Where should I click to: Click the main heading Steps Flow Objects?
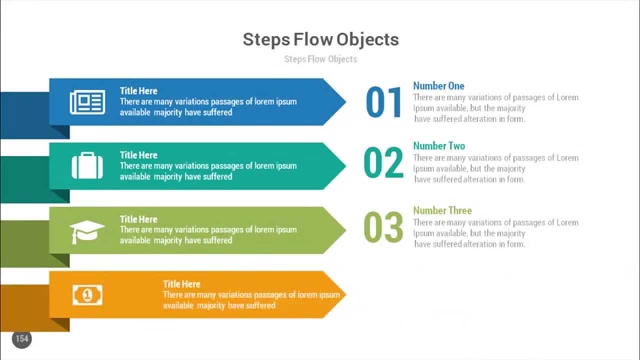(320, 39)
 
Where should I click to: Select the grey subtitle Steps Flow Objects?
(320, 59)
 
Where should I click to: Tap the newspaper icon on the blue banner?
(87, 102)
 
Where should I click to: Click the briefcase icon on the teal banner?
(87, 166)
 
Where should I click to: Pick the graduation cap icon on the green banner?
(87, 231)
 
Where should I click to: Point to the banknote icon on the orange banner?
(87, 295)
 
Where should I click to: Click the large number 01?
(384, 103)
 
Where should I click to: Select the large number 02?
(383, 163)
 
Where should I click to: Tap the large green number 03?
(383, 227)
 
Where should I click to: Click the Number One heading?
(438, 86)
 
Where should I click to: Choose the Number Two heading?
(439, 146)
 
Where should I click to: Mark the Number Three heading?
(442, 210)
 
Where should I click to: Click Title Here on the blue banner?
(138, 91)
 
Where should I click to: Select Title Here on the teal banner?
(138, 155)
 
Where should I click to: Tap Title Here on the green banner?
(138, 219)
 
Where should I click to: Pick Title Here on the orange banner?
(181, 284)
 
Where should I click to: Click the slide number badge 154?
(22, 339)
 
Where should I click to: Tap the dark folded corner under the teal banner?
(60, 196)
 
